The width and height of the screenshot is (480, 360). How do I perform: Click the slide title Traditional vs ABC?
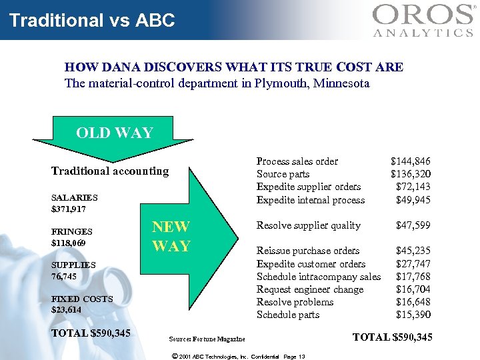(92, 20)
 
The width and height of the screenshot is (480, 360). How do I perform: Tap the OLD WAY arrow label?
(115, 133)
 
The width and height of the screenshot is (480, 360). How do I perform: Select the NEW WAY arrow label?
(171, 236)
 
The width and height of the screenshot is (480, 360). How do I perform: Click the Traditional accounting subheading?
(110, 171)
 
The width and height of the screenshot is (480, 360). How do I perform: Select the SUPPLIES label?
(73, 265)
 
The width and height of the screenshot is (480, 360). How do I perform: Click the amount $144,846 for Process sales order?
(410, 161)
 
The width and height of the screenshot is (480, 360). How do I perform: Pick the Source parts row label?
(283, 174)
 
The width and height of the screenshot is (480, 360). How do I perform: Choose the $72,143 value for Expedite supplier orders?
(413, 187)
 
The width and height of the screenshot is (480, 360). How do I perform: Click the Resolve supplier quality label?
(309, 225)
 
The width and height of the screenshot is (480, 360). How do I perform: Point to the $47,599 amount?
(413, 225)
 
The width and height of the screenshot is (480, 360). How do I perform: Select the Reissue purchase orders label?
(308, 251)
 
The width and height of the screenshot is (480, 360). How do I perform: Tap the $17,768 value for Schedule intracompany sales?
(413, 277)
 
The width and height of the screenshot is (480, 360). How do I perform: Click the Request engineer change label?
(310, 289)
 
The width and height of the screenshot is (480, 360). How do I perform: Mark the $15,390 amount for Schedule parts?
(413, 315)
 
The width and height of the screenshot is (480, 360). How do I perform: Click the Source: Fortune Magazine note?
(207, 340)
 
